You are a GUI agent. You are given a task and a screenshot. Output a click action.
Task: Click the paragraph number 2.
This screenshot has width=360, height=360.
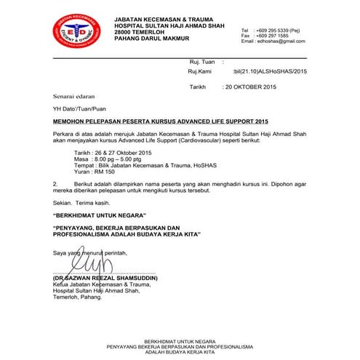[x=55, y=184]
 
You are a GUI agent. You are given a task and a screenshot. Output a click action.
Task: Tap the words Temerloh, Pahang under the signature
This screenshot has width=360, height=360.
[x=73, y=297]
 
